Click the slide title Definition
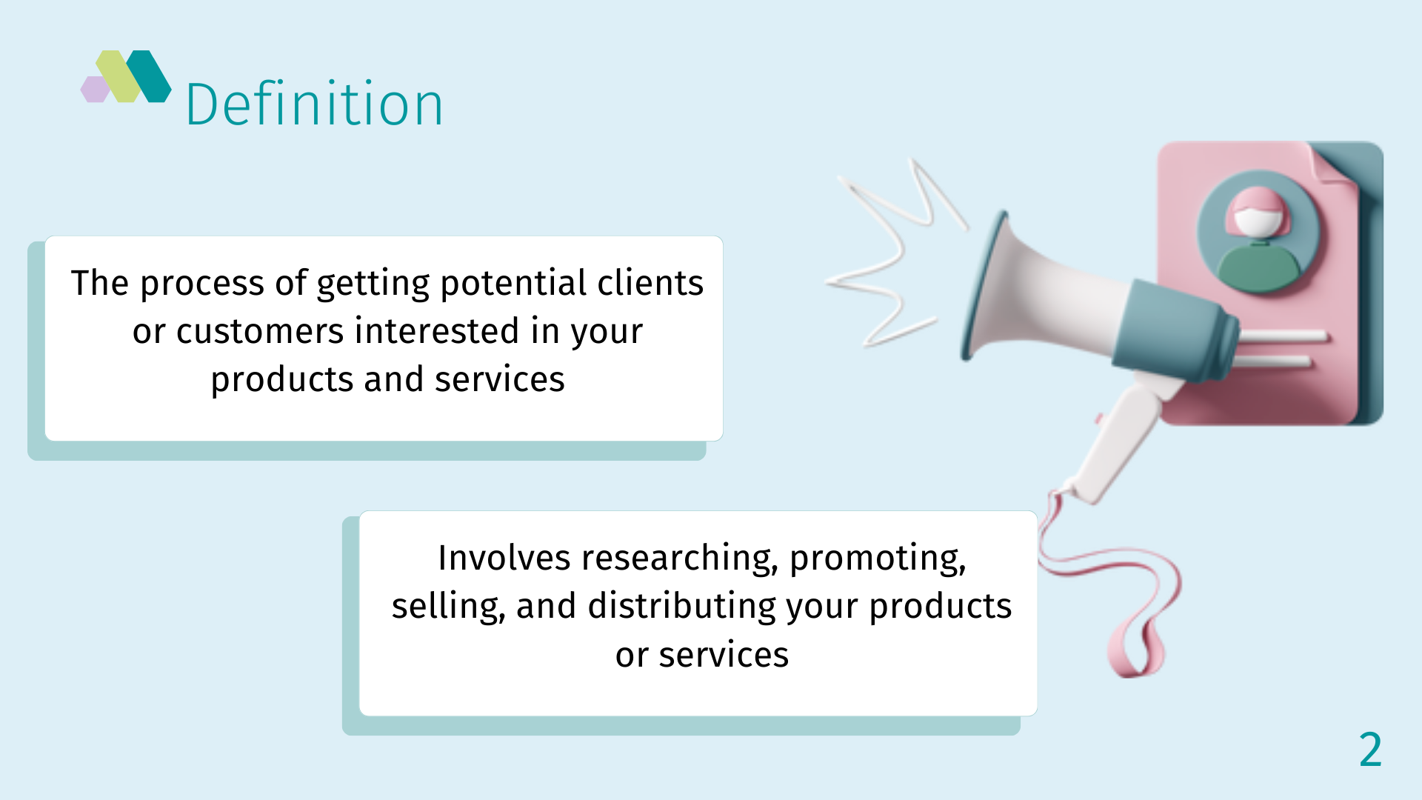tap(314, 104)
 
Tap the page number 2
tap(1370, 750)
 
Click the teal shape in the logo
tap(148, 76)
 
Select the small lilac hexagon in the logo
tap(95, 90)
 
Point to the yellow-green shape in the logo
tap(118, 76)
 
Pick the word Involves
tap(504, 558)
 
